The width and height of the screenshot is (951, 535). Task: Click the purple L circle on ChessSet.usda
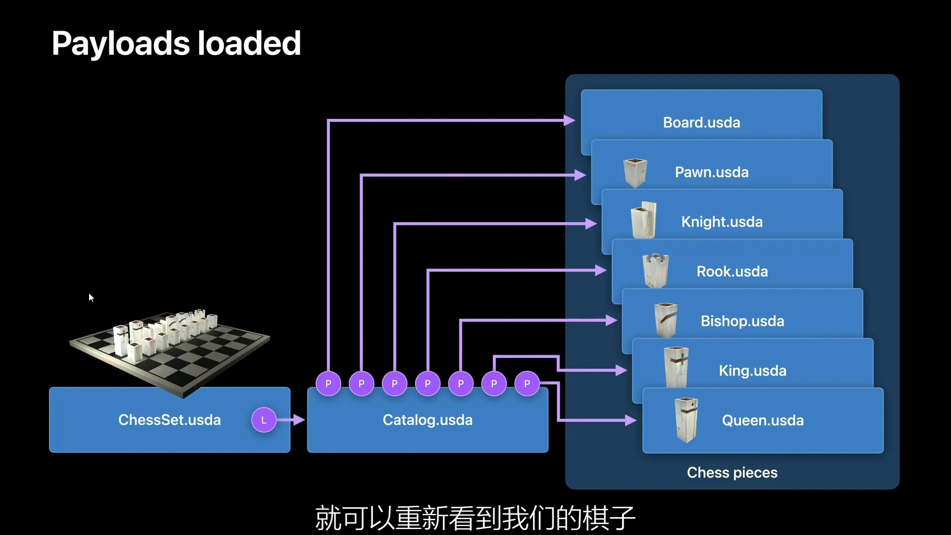tap(264, 420)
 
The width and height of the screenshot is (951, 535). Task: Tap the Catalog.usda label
tap(427, 420)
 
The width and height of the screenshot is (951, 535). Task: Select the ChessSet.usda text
tap(169, 420)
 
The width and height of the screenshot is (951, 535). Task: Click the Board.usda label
tap(701, 122)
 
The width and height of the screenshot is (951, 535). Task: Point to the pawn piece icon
tap(635, 172)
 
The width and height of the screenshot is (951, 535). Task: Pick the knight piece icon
tap(644, 220)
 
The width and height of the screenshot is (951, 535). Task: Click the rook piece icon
tap(655, 270)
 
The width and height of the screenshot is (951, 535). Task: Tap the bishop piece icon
tap(665, 320)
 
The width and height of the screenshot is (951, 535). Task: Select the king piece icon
tap(676, 368)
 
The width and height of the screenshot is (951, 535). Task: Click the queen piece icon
tap(686, 420)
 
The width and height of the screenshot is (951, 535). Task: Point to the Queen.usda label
tap(763, 421)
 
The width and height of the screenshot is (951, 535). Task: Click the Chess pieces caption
tap(732, 473)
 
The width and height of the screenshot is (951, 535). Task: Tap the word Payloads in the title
tap(121, 44)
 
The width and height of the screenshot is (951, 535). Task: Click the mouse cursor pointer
tap(91, 297)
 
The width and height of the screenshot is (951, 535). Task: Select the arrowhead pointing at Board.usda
tap(570, 120)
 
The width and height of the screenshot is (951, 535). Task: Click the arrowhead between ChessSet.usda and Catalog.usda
tap(299, 420)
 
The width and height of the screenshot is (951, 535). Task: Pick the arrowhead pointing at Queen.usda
tap(631, 421)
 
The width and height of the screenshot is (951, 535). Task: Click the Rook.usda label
tap(732, 271)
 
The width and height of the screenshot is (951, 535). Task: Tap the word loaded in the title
tap(249, 44)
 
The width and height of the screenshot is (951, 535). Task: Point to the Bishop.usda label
tap(742, 321)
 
